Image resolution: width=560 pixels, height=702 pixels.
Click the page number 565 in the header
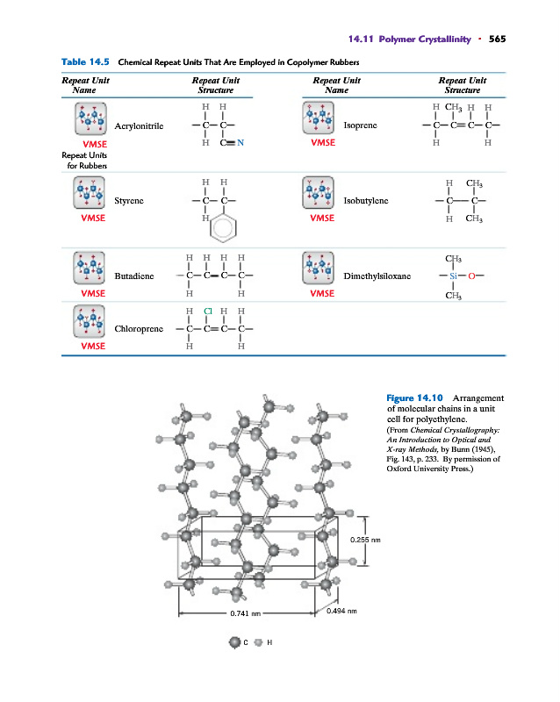click(x=498, y=39)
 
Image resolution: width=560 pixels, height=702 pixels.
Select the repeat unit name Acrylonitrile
click(x=139, y=125)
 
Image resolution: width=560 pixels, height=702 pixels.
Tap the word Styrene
click(x=130, y=201)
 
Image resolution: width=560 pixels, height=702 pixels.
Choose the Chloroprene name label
click(x=139, y=330)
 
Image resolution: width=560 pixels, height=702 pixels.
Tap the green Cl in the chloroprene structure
click(x=208, y=311)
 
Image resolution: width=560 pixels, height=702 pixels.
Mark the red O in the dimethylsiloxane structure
click(x=471, y=276)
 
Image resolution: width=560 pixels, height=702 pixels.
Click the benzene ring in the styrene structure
click(x=224, y=229)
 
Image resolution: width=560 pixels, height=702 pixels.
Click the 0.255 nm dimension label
click(x=363, y=539)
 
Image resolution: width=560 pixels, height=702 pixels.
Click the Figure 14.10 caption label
click(x=413, y=398)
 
